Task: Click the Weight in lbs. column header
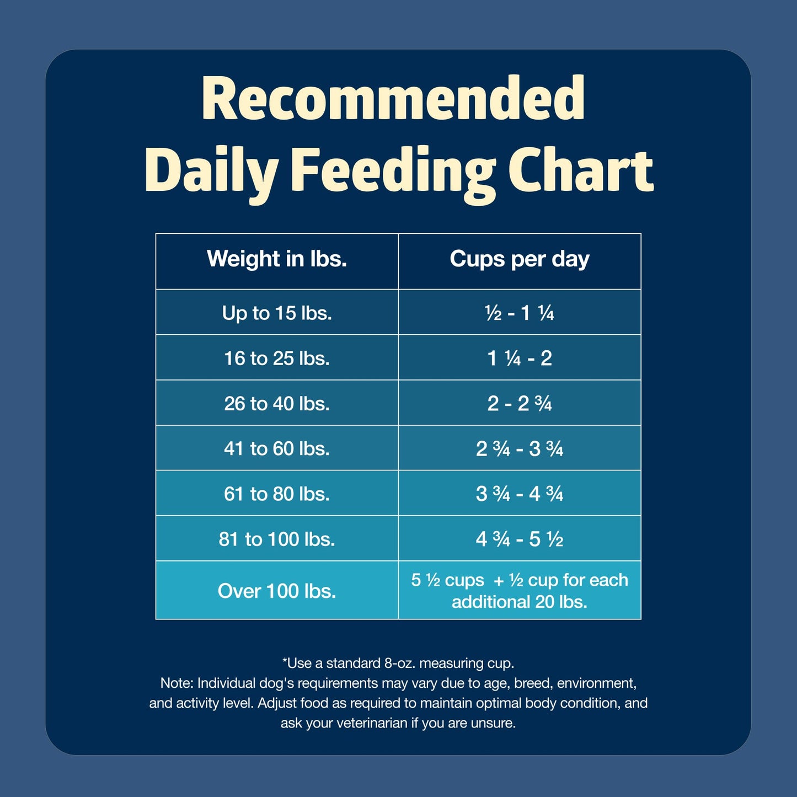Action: click(x=277, y=259)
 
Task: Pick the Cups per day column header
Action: click(x=520, y=259)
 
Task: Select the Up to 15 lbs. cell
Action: click(x=277, y=313)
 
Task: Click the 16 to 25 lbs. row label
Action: click(x=277, y=358)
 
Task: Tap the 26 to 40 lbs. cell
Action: click(x=277, y=403)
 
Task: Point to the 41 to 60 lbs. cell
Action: click(x=277, y=448)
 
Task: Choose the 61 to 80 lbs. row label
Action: click(x=277, y=494)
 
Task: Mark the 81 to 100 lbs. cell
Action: click(x=277, y=539)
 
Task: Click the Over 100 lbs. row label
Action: click(x=277, y=591)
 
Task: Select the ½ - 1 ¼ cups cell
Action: click(x=520, y=313)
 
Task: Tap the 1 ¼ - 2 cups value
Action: click(x=520, y=358)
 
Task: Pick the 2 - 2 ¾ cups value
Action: click(x=520, y=403)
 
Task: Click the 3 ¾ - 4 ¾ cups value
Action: click(x=520, y=494)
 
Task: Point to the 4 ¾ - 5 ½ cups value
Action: click(x=520, y=539)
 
